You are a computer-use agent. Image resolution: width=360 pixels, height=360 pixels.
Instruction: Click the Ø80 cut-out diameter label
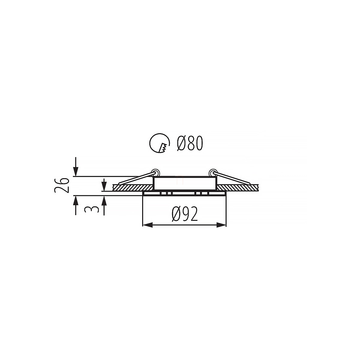pyautogui.click(x=190, y=143)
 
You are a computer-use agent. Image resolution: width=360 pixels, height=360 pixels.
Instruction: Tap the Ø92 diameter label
pyautogui.click(x=184, y=214)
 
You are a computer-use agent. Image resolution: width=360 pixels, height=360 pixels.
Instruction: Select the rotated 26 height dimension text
pyautogui.click(x=62, y=185)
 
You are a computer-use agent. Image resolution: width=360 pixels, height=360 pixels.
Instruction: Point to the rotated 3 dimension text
pyautogui.click(x=91, y=210)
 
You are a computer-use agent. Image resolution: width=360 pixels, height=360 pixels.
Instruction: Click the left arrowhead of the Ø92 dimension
pyautogui.click(x=148, y=225)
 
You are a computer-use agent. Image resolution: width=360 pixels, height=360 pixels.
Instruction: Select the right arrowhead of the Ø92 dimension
pyautogui.click(x=221, y=225)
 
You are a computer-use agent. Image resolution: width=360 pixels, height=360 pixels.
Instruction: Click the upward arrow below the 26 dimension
pyautogui.click(x=76, y=205)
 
